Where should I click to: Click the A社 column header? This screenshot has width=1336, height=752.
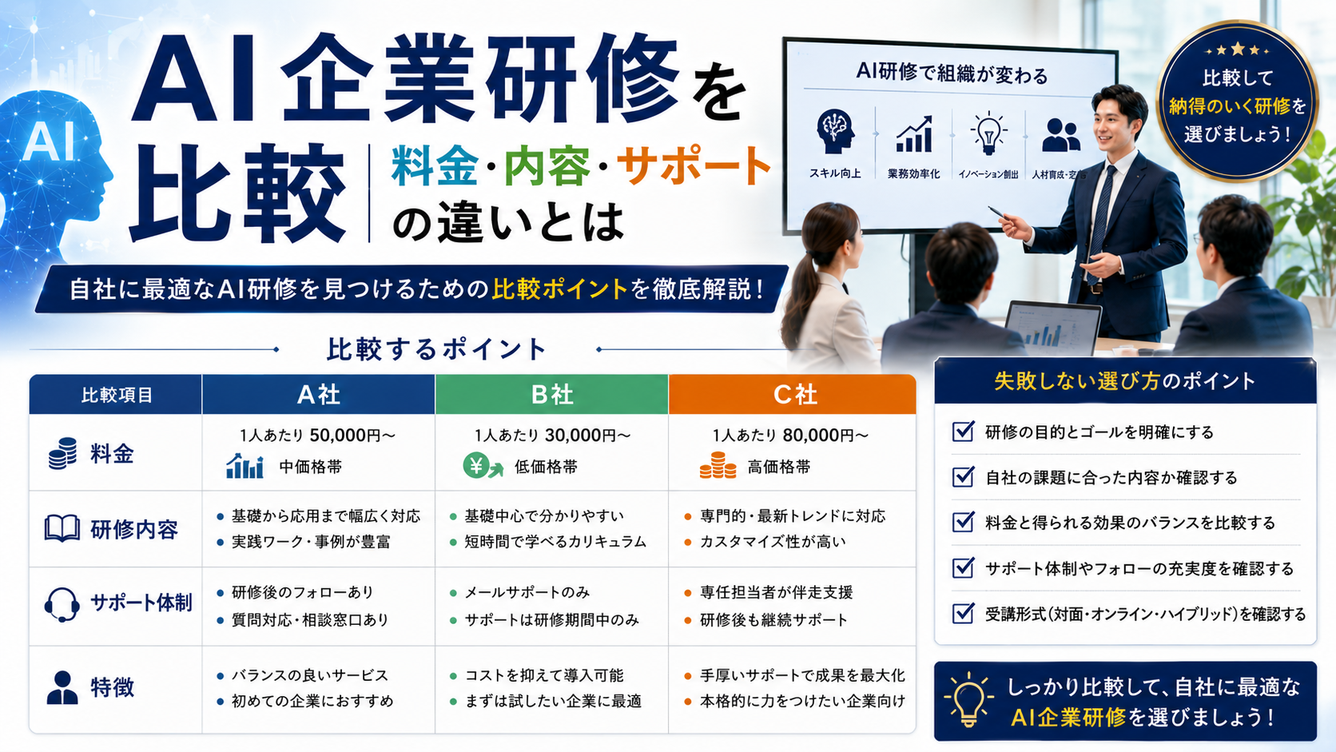[319, 394]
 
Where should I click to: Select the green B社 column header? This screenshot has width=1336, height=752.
[551, 394]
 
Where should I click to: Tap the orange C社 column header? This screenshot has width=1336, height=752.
[793, 394]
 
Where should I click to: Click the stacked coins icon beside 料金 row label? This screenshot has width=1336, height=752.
[62, 453]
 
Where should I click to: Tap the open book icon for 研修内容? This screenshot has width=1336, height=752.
[62, 528]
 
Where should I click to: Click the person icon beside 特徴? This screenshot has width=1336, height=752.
[62, 687]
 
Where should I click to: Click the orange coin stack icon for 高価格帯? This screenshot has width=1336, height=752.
[718, 465]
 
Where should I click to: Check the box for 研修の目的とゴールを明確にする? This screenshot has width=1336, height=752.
[963, 432]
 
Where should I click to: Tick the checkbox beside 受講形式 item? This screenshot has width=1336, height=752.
[963, 613]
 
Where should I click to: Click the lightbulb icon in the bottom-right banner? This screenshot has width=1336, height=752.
[968, 699]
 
